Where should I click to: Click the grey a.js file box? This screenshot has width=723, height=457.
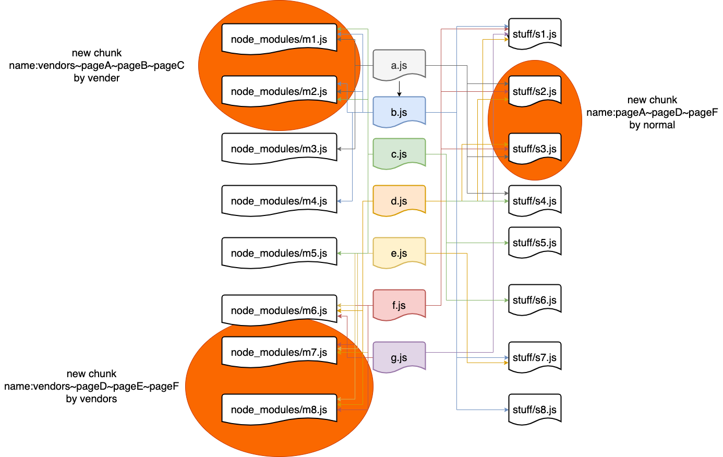pos(399,65)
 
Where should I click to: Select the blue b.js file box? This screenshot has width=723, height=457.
pos(399,112)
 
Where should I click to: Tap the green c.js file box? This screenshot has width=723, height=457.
pos(399,154)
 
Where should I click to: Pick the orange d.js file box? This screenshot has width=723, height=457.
pos(399,201)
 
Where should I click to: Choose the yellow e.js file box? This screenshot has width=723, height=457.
pos(399,253)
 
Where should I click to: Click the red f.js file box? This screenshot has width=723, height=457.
pos(399,305)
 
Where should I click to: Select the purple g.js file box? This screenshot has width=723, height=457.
pos(399,357)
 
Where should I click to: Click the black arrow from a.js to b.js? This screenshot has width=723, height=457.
pos(399,89)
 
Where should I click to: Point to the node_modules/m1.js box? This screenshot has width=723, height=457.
pos(279,39)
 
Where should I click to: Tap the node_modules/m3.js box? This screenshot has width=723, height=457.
pos(279,149)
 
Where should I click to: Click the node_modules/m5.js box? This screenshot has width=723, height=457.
pos(279,253)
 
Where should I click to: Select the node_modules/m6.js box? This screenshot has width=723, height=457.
pos(279,310)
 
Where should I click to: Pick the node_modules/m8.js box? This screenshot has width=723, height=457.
pos(279,410)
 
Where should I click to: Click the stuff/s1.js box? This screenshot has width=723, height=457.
pos(535,34)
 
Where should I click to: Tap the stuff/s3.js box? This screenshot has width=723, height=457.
pos(535,149)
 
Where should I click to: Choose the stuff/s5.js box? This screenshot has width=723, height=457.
pos(535,243)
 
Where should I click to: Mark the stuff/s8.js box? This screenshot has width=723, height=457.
pos(535,410)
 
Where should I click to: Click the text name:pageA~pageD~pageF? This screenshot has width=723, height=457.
pos(652,112)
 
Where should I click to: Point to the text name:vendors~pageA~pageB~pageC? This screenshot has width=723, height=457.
pos(97,66)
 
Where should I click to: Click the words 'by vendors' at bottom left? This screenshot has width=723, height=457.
pos(91,399)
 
